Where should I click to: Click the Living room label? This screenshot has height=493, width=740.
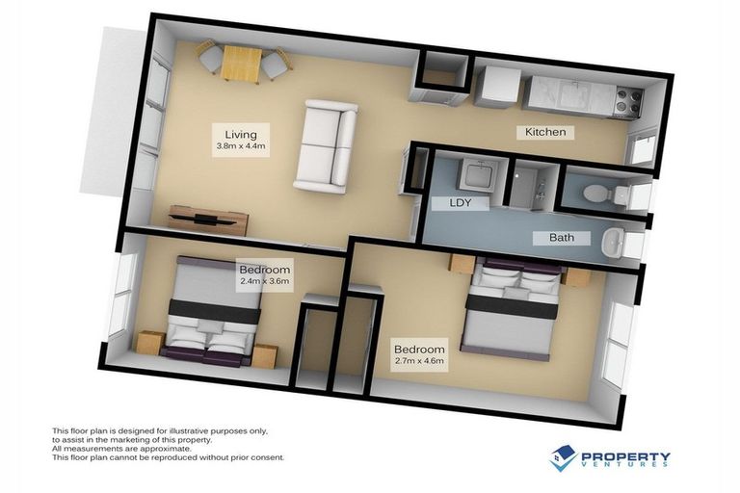coord(241,133)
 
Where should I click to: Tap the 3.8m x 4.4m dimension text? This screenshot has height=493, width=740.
coord(241,146)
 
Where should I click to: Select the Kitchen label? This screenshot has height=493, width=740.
coord(544,132)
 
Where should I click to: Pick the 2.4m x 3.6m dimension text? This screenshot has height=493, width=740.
coord(264,283)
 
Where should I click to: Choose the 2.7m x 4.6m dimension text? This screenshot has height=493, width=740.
coord(419,361)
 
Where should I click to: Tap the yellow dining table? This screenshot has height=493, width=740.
coord(241,64)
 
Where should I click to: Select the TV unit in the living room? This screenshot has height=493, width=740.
coord(208,219)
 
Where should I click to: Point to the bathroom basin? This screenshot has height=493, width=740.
coord(614,246)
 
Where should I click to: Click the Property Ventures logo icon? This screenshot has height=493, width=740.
coord(564,458)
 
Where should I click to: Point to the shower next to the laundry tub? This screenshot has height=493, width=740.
coord(527,187)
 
